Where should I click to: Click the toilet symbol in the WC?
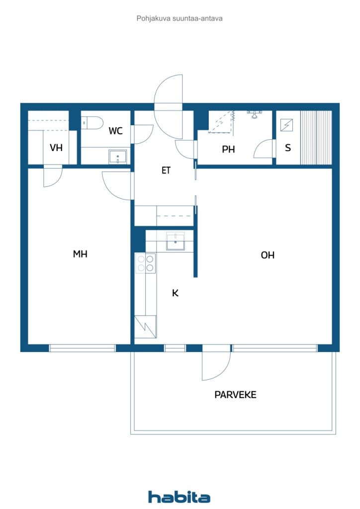pos(92,123)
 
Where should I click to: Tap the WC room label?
pos(115,131)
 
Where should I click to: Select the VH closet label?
pos(56,148)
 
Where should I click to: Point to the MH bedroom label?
pos(80,254)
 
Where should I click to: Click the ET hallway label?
pos(166,170)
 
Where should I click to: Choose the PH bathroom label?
pos(228,149)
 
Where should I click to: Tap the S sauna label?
pos(287,148)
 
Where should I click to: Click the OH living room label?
pos(268,255)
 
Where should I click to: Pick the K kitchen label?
pos(175,293)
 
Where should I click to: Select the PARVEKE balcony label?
pos(235,395)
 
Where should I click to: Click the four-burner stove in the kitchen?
pos(145,263)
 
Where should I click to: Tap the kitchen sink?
pos(176,241)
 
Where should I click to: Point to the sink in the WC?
pos(118,157)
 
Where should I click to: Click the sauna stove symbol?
pos(286,125)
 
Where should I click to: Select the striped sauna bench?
pos(316,138)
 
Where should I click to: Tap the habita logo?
pos(179,497)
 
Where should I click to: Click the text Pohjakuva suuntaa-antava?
pos(180,18)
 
